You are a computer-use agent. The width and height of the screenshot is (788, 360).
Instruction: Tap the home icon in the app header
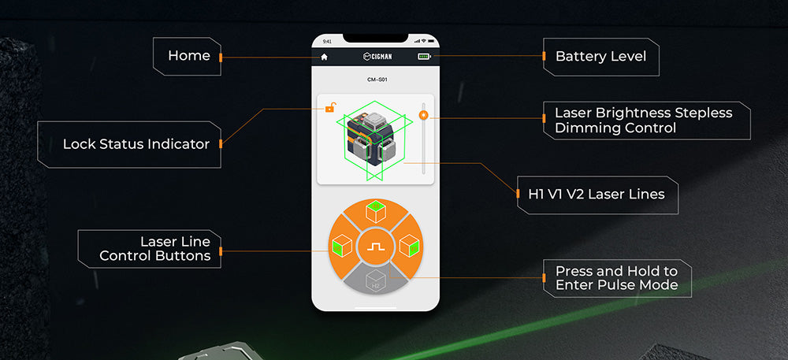324,57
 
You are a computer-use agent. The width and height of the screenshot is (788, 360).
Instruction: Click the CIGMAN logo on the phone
377,57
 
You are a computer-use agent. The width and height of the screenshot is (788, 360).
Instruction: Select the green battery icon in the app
424,57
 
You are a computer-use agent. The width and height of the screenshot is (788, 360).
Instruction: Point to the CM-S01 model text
377,80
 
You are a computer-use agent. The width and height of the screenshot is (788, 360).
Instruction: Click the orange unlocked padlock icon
330,107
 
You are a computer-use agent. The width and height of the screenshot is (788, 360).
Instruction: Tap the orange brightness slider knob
424,116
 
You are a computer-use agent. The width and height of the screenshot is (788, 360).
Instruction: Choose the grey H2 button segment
375,279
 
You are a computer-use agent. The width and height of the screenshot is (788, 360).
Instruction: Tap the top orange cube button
375,213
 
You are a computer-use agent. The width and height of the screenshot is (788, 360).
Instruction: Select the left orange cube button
341,246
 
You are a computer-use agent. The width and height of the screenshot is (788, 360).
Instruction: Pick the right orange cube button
409,246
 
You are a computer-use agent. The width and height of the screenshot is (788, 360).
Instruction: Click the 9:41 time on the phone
327,41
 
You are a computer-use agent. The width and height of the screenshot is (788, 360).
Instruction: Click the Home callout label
189,56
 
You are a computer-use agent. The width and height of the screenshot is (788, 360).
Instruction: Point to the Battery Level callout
600,56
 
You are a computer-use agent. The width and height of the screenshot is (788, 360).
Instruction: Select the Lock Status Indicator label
136,144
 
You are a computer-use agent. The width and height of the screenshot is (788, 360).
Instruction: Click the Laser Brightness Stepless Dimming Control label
643,120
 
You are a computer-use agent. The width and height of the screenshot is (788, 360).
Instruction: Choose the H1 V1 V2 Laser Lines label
597,195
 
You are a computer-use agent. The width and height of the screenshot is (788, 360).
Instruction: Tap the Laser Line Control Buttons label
154,249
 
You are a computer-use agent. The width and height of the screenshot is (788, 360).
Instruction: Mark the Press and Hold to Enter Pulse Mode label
617,278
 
